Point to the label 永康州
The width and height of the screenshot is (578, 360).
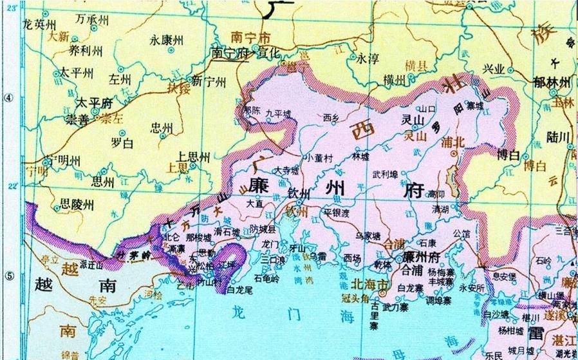tap(167, 39)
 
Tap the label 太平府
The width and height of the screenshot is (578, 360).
tap(94, 102)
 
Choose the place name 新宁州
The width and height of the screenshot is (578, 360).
tap(210, 82)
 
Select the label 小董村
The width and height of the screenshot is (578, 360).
tap(318, 156)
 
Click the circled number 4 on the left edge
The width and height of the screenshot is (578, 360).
tap(8, 98)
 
